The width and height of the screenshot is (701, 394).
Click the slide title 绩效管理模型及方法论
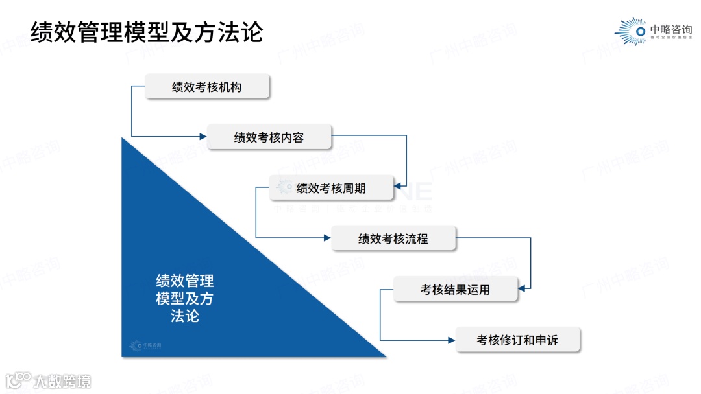point(147,31)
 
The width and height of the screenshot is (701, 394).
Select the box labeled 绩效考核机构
point(206,86)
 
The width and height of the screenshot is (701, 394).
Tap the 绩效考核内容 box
point(269,137)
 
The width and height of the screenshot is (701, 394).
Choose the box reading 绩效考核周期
point(331,188)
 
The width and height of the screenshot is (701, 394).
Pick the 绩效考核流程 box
point(393,238)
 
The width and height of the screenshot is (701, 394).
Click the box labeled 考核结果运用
point(456,290)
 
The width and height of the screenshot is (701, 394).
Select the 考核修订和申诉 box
point(517,340)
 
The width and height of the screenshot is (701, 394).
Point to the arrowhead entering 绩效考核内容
point(203,137)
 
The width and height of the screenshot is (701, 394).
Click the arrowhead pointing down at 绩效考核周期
point(406,184)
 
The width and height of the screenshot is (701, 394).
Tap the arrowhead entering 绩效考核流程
point(328,238)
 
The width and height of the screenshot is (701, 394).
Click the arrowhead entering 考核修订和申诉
point(452,339)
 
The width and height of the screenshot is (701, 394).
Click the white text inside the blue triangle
point(184,299)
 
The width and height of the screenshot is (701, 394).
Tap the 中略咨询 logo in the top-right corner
point(653,31)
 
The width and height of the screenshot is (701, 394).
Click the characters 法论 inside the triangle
point(184,316)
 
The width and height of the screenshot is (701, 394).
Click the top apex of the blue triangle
point(123,140)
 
